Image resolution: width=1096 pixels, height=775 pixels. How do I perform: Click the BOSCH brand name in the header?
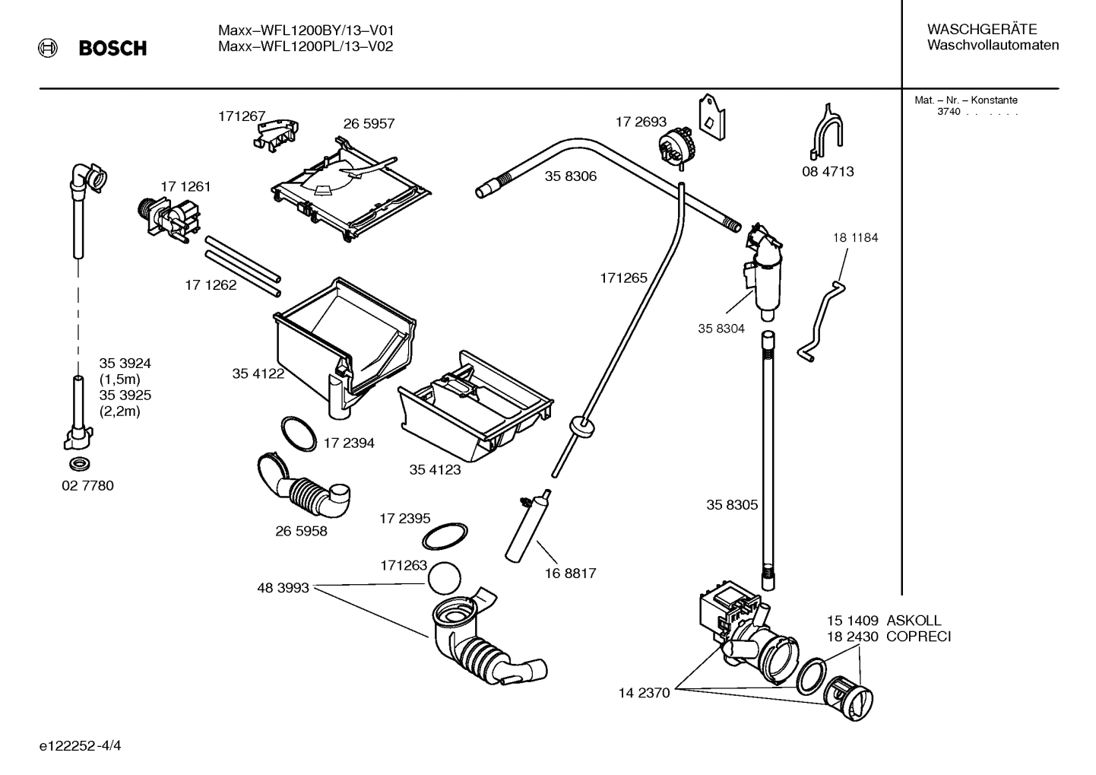click(x=112, y=49)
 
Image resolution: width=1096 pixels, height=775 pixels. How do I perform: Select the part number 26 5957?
click(x=369, y=123)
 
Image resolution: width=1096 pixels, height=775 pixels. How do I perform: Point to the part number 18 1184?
click(x=855, y=237)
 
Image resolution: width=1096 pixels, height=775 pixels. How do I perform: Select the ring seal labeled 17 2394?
click(x=299, y=434)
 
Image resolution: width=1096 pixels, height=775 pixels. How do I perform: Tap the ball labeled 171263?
click(x=444, y=578)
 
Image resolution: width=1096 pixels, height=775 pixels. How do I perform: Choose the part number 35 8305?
click(x=732, y=504)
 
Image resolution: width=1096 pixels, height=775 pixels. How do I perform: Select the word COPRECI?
click(x=918, y=637)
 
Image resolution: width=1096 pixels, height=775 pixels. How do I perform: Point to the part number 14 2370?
click(x=644, y=693)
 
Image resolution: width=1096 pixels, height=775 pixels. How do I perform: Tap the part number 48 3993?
click(x=283, y=588)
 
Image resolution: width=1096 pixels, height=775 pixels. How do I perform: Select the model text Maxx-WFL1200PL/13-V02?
click(x=306, y=46)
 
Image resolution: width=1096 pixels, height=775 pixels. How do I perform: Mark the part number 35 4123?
click(x=435, y=470)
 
